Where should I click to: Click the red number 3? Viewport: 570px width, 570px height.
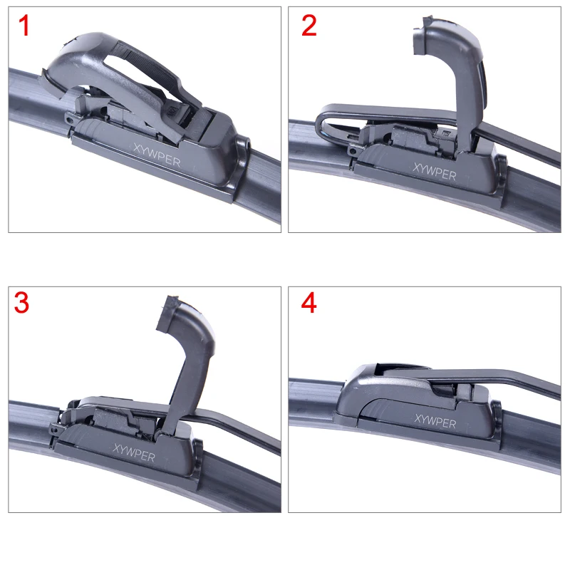click(22, 302)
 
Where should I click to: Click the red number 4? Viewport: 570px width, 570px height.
click(309, 302)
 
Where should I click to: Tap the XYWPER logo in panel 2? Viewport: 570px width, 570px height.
click(434, 170)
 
